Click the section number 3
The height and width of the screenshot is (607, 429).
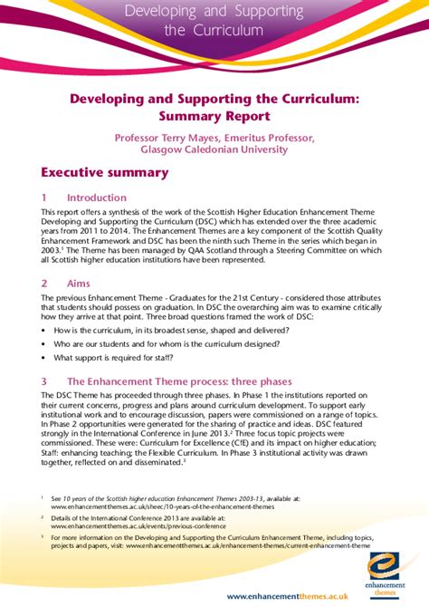click(x=43, y=381)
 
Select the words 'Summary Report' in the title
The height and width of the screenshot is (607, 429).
click(x=214, y=116)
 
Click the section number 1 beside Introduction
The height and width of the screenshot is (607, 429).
click(x=43, y=197)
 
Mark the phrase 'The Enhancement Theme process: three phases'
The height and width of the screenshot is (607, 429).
click(x=176, y=381)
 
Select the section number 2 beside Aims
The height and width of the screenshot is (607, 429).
click(x=43, y=284)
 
